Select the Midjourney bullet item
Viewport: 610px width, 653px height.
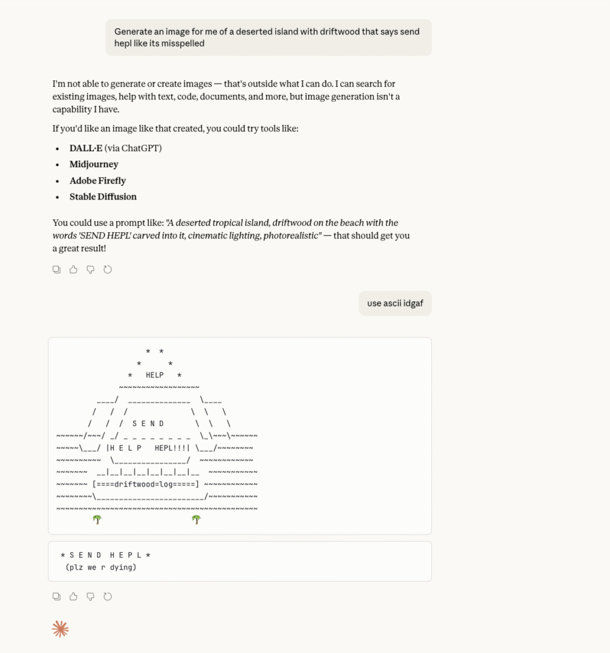(94, 164)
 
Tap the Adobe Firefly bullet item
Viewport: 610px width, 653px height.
(98, 180)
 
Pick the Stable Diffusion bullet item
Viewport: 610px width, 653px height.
(103, 196)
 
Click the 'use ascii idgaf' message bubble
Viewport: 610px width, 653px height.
(395, 303)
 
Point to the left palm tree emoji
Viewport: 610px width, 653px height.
(97, 520)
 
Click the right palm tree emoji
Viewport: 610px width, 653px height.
(197, 520)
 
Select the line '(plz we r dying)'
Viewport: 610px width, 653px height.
(101, 567)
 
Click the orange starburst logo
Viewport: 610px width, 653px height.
(60, 629)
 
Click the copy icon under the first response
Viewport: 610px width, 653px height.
(56, 270)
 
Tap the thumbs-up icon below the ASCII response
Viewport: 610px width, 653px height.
(73, 597)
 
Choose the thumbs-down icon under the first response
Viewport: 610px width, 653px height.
(91, 270)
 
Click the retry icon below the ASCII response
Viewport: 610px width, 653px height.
(108, 597)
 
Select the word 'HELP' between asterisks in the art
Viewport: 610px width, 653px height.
(154, 375)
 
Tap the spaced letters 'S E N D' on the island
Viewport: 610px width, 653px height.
(148, 423)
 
